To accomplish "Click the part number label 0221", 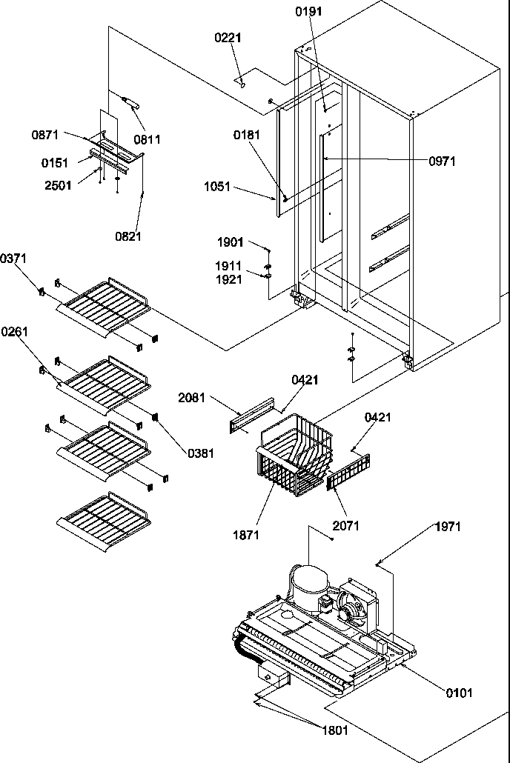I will (229, 38).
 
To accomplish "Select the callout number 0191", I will (308, 13).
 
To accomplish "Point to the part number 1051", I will (218, 187).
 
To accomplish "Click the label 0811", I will (147, 139).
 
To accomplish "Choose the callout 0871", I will (46, 134).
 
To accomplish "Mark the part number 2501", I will (59, 185).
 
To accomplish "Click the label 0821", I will (127, 236).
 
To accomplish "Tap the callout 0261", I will (15, 331).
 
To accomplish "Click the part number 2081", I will (193, 398).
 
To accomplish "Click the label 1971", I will (447, 527).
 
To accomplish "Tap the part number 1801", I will (334, 730).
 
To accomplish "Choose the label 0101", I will (459, 693).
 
